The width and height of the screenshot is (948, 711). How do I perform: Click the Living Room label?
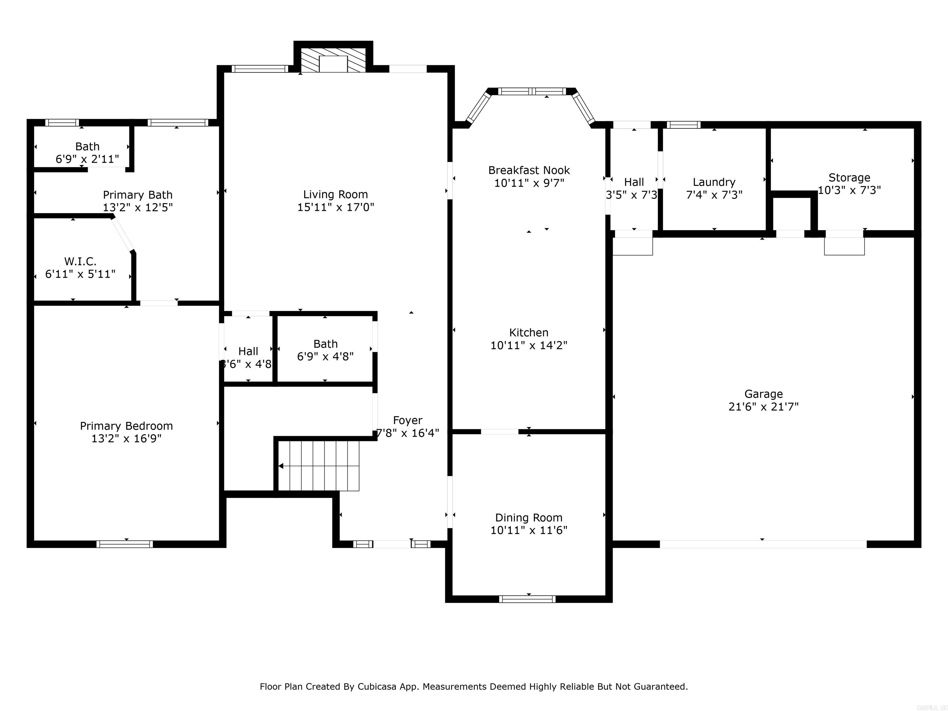pos(335,195)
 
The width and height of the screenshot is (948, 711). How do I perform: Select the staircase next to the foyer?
pos(318,466)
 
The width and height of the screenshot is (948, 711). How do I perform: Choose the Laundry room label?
pos(714,182)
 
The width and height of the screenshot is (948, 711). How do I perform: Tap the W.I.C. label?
pos(80,261)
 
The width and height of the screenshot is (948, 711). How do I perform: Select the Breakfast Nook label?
pos(529,170)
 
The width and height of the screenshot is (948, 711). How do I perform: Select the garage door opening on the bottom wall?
pos(763,544)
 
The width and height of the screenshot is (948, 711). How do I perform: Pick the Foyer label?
pos(408,420)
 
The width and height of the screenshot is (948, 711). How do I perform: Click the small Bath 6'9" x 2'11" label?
pos(87,147)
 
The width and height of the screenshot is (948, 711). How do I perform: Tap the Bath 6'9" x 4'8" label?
pos(325,344)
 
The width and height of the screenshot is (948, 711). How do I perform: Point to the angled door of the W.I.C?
pos(123,235)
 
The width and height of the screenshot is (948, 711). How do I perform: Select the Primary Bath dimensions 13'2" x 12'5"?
pos(138,207)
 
